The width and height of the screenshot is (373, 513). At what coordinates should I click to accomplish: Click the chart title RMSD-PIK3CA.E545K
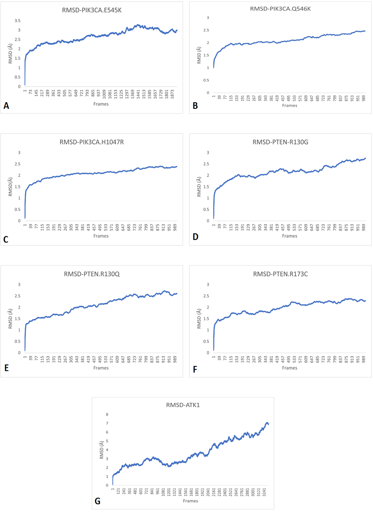point(92,10)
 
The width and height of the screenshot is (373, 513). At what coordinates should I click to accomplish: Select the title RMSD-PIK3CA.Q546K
point(281,9)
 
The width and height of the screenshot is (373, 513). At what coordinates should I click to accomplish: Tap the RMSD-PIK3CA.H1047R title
point(92,142)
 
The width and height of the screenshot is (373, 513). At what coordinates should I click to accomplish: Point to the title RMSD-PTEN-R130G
point(281,142)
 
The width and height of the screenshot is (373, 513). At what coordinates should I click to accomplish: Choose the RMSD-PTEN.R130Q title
point(92,274)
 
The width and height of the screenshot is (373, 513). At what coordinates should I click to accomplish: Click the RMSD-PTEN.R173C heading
point(281,274)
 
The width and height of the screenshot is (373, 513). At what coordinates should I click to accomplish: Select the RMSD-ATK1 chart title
point(183,405)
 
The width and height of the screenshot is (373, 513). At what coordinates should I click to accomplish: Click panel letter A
point(6,106)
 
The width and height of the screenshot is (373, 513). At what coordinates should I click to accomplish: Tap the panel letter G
point(97,501)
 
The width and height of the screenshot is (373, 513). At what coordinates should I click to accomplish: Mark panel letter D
point(195,237)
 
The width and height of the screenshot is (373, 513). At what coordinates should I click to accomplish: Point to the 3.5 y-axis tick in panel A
point(17,21)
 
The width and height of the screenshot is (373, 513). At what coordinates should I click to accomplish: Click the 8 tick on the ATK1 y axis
point(107,414)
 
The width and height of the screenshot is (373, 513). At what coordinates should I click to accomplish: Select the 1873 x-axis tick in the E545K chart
point(172,94)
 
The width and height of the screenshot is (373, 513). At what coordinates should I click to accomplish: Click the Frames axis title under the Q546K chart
point(290,106)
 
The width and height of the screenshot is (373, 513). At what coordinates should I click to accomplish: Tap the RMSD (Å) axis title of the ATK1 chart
point(102,450)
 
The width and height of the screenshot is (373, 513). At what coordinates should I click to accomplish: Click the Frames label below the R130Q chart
point(101,368)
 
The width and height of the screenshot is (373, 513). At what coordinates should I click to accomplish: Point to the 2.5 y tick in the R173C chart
point(207,296)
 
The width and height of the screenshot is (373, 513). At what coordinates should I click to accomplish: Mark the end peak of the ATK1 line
point(267,423)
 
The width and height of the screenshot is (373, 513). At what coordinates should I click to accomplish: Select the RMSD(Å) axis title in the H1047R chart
point(10,187)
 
